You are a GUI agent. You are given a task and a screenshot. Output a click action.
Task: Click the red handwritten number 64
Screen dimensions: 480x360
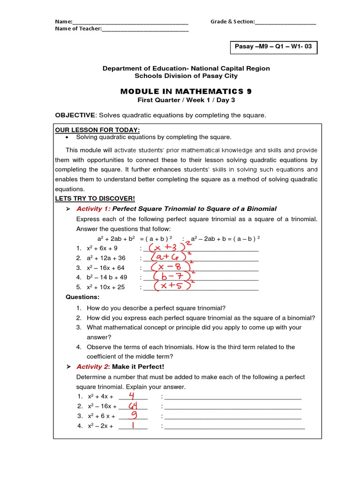[133, 405]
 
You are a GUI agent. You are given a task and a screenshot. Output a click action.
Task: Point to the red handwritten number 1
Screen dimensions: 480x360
[133, 425]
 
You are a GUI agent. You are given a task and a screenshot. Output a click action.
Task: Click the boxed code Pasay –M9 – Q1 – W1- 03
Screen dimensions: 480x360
[272, 47]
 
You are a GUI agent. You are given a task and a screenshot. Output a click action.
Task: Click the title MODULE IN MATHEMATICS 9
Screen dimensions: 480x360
[186, 92]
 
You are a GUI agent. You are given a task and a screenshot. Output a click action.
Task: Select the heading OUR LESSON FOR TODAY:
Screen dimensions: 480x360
[97, 130]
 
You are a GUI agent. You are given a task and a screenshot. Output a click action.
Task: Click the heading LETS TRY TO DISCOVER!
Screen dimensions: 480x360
[95, 198]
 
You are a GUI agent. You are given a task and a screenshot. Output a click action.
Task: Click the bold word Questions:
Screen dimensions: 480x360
[82, 297]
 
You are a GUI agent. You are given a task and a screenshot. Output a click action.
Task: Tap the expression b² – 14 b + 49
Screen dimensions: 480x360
[107, 277]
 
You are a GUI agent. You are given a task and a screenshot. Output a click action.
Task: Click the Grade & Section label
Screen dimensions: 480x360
[232, 22]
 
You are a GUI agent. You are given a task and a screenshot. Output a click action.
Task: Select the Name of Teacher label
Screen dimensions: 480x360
[78, 29]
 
